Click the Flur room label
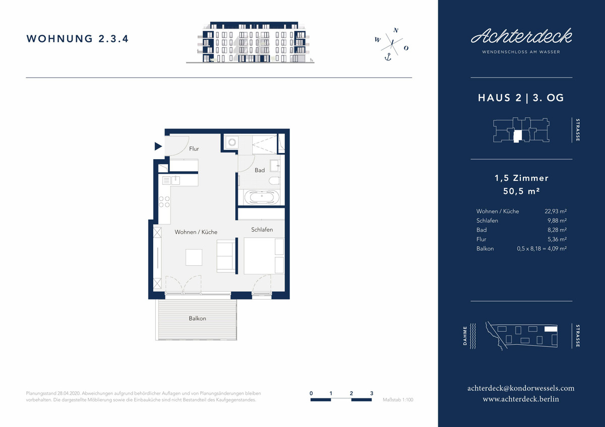pyautogui.click(x=194, y=149)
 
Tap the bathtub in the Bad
pyautogui.click(x=262, y=197)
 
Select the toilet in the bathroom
pyautogui.click(x=274, y=180)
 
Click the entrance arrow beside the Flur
pyautogui.click(x=158, y=147)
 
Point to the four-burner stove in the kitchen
pyautogui.click(x=164, y=201)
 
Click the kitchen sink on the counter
pyautogui.click(x=175, y=180)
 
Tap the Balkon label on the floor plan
pyautogui.click(x=197, y=318)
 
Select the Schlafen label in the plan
pyautogui.click(x=262, y=230)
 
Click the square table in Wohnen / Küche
pyautogui.click(x=194, y=257)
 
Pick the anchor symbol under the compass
pyautogui.click(x=388, y=57)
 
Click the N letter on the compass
pyautogui.click(x=396, y=30)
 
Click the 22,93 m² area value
pyautogui.click(x=556, y=211)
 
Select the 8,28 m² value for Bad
pyautogui.click(x=557, y=230)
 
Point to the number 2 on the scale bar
pyautogui.click(x=351, y=393)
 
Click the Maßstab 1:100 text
pyautogui.click(x=398, y=400)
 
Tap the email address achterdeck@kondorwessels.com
pyautogui.click(x=521, y=388)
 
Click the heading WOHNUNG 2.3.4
pyautogui.click(x=78, y=39)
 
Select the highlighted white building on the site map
pyautogui.click(x=551, y=329)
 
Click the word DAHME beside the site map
pyautogui.click(x=465, y=336)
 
